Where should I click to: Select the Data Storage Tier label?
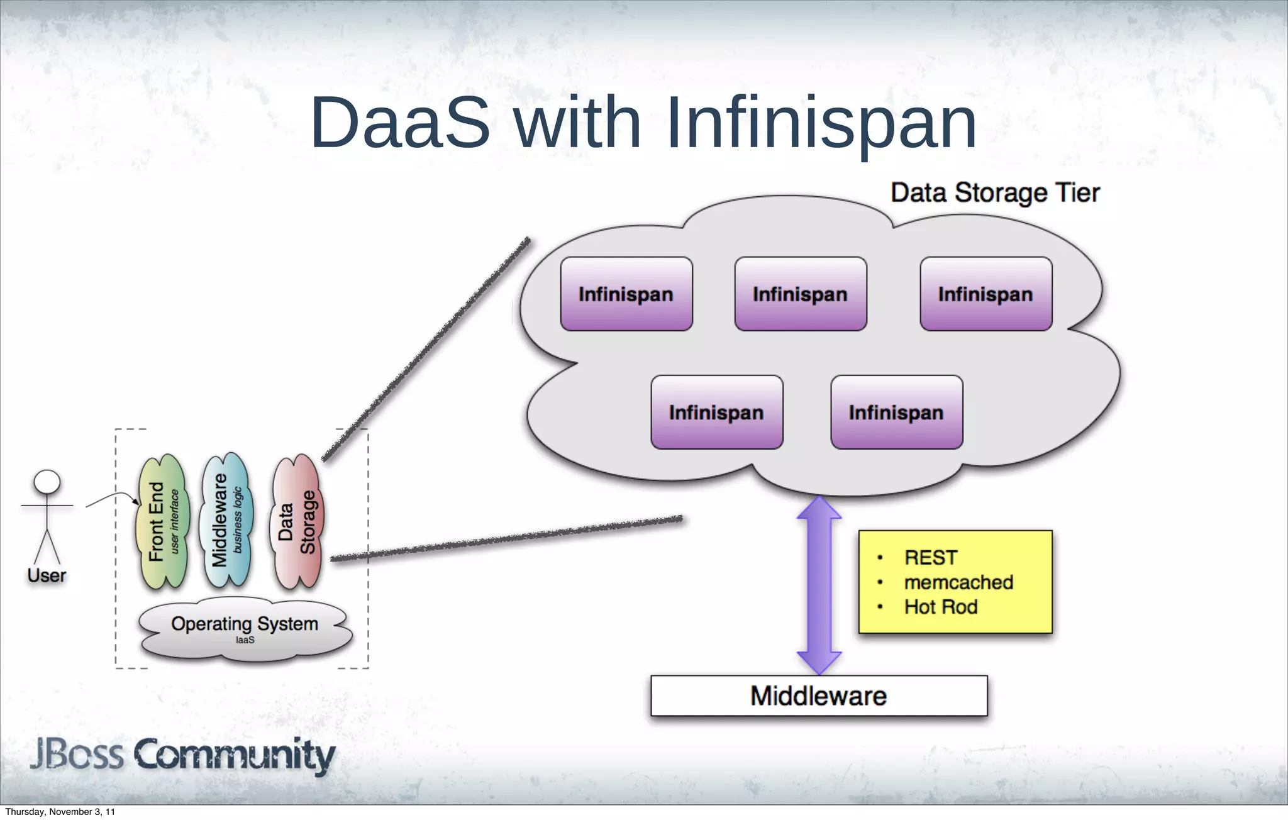click(x=995, y=192)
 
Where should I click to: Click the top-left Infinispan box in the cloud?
click(x=626, y=294)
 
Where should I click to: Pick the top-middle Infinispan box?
click(x=801, y=294)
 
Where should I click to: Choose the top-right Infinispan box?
click(x=985, y=294)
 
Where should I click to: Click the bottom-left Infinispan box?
click(x=716, y=412)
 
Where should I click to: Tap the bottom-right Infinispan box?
click(x=896, y=412)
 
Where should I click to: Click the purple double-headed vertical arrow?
click(x=819, y=585)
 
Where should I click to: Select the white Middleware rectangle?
click(x=819, y=695)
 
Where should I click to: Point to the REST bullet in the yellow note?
click(x=931, y=557)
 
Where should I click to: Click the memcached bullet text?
click(x=958, y=582)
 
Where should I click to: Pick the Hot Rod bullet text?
click(x=941, y=607)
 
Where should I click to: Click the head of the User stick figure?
click(x=47, y=482)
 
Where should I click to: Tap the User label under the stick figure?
click(x=47, y=575)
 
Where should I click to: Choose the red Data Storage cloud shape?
click(x=297, y=522)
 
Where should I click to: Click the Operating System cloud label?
click(x=245, y=624)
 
